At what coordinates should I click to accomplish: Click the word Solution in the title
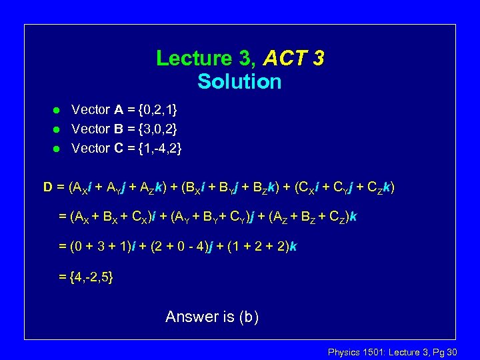pos(239,82)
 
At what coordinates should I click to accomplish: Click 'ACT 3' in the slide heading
pos(293,59)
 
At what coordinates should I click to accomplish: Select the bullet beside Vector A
pos(57,110)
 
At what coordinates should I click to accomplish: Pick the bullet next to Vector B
pos(57,129)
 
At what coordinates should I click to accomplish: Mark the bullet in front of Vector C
pos(57,149)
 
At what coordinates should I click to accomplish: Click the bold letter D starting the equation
pos(49,187)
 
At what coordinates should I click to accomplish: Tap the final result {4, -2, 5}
pos(86,277)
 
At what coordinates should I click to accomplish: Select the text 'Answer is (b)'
pos(212,317)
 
